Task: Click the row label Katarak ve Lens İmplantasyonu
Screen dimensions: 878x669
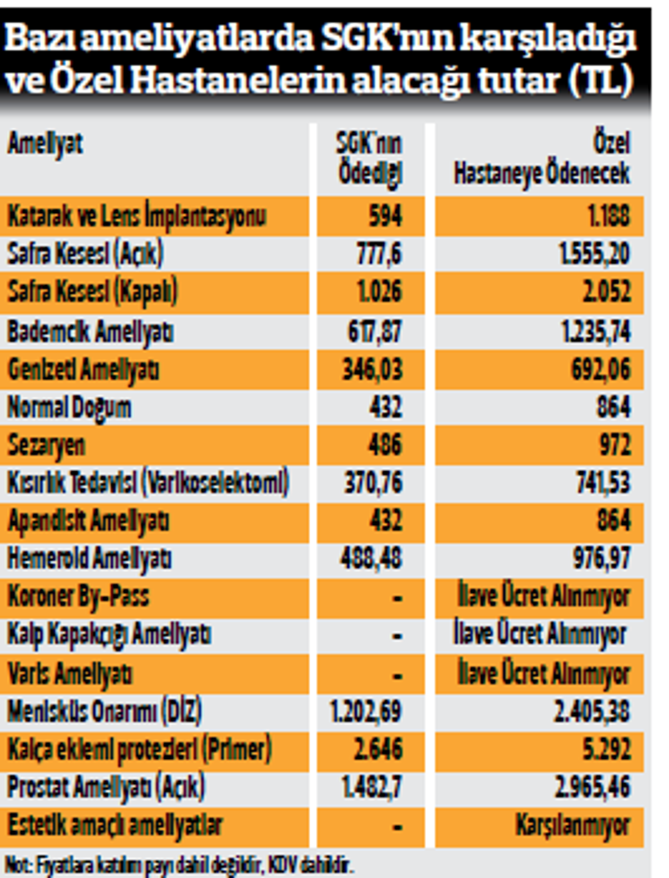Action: [136, 216]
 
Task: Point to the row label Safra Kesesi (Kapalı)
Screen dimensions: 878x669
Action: [92, 292]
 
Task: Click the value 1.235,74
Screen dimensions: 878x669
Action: [594, 330]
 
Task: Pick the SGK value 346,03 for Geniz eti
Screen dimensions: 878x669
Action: [373, 369]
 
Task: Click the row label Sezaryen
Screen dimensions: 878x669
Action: [46, 445]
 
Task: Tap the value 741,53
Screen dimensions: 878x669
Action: [601, 483]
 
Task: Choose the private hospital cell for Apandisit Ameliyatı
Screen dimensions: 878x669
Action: [613, 521]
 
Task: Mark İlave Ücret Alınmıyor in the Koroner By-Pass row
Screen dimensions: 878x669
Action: [542, 597]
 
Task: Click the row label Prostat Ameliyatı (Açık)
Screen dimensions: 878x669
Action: [106, 788]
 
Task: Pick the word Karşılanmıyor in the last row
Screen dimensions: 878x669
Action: [571, 826]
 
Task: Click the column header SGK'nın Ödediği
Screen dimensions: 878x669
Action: [369, 158]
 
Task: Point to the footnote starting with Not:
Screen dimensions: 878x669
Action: [181, 866]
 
